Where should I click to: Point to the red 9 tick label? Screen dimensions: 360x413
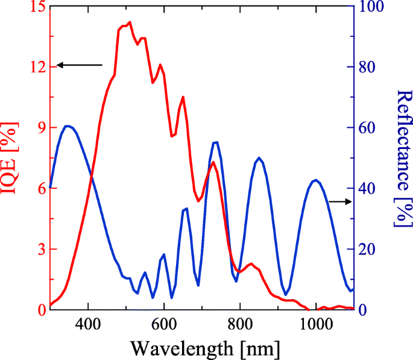coord(34,128)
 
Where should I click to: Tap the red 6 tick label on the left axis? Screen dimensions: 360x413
coord(34,188)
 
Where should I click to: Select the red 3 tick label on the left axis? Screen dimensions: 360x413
coord(34,249)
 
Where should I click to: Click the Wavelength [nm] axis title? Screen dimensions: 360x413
coord(204,348)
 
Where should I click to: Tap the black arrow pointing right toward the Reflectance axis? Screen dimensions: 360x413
coord(339,202)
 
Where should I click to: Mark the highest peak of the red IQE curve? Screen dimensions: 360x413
coord(129,22)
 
